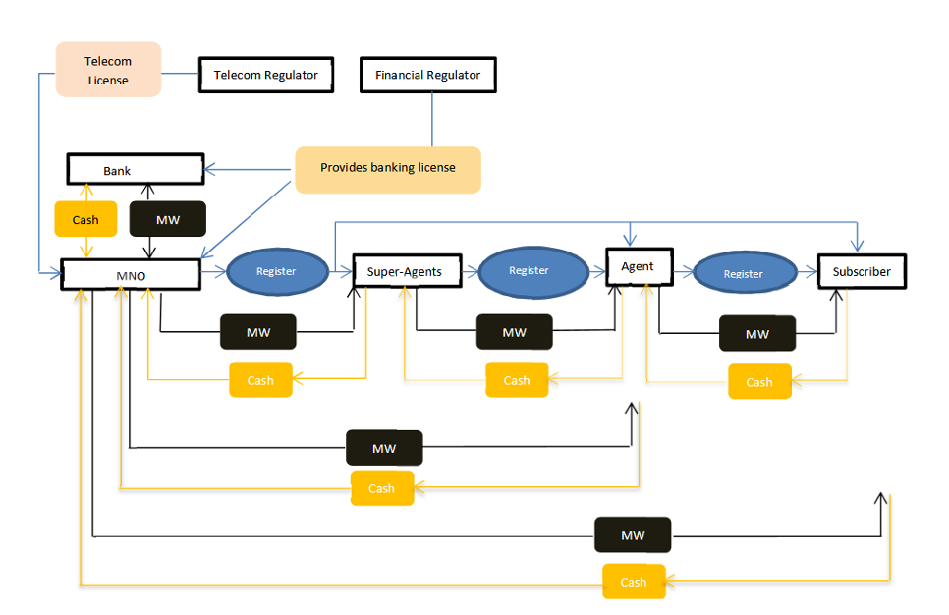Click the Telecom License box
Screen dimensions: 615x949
108,70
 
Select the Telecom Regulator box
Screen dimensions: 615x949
265,76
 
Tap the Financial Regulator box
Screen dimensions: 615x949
427,76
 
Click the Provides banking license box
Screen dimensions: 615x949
388,169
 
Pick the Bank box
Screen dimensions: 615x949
135,170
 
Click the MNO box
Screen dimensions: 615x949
132,275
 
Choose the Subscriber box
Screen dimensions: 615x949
862,272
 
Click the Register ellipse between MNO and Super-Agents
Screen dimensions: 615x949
276,270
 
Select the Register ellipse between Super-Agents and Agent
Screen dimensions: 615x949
529,270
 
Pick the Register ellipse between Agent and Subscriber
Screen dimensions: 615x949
744,273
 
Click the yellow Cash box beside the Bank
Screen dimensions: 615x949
85,219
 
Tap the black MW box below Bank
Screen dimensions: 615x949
168,219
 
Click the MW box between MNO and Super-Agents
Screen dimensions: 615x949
258,333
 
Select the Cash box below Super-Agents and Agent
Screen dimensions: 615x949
517,380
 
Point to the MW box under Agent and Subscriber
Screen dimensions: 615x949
757,334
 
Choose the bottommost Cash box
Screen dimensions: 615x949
634,582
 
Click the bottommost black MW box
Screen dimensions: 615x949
633,535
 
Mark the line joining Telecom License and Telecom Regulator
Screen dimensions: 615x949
180,73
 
